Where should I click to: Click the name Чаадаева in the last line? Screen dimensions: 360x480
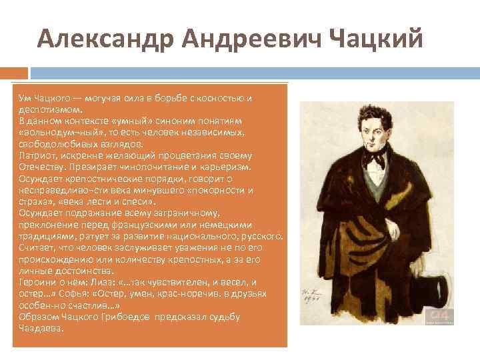pyautogui.click(x=41, y=327)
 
